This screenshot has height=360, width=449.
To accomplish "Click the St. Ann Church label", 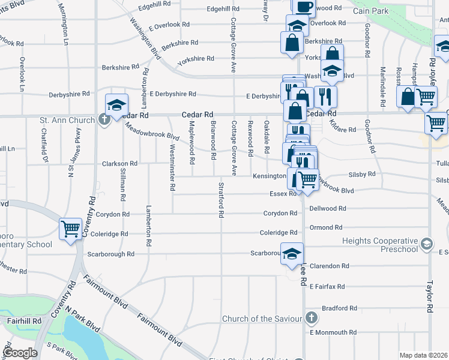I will pyautogui.click(x=67, y=120).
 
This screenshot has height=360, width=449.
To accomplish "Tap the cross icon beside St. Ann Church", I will pyautogui.click(x=104, y=120).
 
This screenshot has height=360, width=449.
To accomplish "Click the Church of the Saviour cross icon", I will pyautogui.click(x=311, y=317).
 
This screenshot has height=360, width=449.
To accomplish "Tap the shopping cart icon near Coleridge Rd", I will pyautogui.click(x=71, y=229).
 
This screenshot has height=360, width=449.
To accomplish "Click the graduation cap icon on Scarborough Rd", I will pyautogui.click(x=292, y=253).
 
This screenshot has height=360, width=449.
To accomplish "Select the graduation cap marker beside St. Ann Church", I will pyautogui.click(x=116, y=104).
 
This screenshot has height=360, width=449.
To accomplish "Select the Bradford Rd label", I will pyautogui.click(x=339, y=308).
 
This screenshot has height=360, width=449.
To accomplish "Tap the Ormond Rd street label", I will pyautogui.click(x=326, y=228).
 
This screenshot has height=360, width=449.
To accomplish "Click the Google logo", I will pyautogui.click(x=20, y=353).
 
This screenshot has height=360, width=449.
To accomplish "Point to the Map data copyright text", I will pyautogui.click(x=424, y=355).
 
